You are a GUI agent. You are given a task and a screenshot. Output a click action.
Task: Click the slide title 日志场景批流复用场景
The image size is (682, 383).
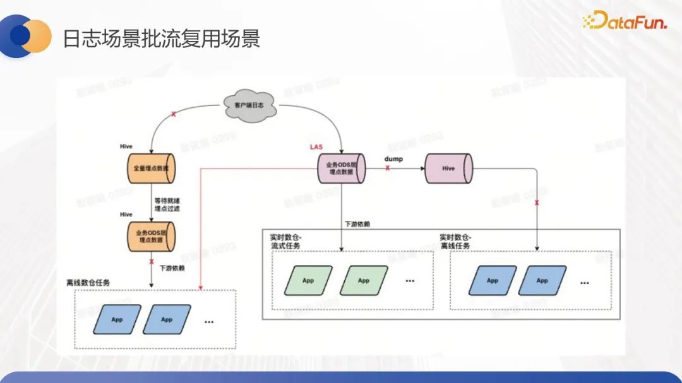point(161,39)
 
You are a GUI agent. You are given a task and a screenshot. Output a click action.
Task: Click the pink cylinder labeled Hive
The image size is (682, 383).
point(448,168)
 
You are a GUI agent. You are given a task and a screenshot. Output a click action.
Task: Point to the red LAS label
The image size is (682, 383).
point(316,147)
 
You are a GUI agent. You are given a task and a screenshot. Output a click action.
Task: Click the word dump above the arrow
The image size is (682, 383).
point(393,158)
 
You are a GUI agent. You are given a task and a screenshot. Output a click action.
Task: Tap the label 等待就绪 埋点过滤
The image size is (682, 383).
point(167,204)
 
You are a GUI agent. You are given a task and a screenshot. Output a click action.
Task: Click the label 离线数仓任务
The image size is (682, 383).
point(88,282)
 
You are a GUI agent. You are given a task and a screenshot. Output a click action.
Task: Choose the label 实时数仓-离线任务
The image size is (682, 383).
point(455,241)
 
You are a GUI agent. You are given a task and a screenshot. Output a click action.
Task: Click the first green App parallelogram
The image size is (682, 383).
point(308,281)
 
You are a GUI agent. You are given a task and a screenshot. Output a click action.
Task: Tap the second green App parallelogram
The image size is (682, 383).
point(363,281)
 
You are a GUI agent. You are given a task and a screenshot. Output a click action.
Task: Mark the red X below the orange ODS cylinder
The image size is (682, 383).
point(152,261)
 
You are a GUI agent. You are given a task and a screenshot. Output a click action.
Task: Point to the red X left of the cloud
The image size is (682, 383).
point(173,114)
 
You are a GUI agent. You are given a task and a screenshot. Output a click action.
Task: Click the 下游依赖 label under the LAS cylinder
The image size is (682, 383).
point(358,224)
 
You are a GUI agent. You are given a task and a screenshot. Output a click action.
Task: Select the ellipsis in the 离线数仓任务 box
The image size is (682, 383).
point(209,321)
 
